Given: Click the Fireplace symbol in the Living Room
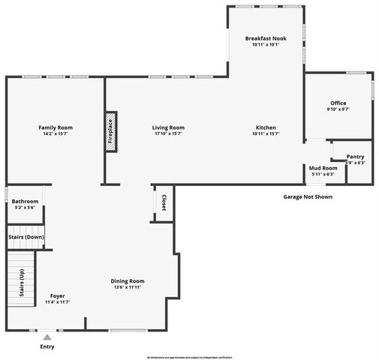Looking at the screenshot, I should pos(110,133).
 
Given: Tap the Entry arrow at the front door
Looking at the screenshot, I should pos(47,337).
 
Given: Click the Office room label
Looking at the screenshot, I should pos(338,103).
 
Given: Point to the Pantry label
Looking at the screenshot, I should pos(355,157).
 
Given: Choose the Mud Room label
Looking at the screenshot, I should pos(323,168).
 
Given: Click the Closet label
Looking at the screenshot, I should pos(164,202).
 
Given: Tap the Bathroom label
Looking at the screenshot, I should pos(25,201).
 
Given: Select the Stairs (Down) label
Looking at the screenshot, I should pos(26,237).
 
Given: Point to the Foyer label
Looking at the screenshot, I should pos(57,295).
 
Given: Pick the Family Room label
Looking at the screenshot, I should pos(54,127).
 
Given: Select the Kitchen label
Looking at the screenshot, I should pos(266,127).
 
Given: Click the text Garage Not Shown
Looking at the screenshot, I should pos(307,196).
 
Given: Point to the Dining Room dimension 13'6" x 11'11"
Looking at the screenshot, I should pos(127,287).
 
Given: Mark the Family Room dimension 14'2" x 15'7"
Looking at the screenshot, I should pos(54,134).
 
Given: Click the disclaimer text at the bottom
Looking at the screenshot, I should pos(189,356).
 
